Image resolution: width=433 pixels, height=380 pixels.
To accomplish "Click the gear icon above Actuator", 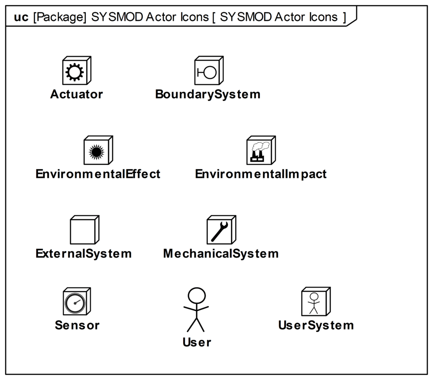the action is pos(74,72).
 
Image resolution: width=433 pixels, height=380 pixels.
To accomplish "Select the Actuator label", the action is pos(77,94).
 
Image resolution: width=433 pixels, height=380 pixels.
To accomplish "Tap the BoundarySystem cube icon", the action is pos(209,71).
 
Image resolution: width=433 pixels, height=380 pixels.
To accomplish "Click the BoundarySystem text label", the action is pos(208,94).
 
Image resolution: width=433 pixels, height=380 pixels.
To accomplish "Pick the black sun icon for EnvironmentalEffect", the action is pos(96,152).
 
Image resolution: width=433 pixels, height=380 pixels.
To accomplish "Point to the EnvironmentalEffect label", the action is pos(98,174).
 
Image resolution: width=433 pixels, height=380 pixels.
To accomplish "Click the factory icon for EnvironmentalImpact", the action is pos(260,152).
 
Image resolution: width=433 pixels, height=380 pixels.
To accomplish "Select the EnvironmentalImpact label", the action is pos(260,174).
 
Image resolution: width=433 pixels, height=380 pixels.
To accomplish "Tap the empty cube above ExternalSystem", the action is pos(85,230).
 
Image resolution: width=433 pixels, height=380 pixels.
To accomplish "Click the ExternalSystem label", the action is pos(83,254).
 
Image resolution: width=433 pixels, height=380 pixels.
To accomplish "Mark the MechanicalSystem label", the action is pos(221,254).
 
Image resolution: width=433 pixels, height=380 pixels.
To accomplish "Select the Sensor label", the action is pos(77,325).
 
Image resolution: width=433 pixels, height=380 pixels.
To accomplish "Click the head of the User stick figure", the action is pos(197,296).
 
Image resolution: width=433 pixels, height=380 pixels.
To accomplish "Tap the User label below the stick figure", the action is pos(197,342).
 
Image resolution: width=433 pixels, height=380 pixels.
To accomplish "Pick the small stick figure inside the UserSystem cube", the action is pos(314,303).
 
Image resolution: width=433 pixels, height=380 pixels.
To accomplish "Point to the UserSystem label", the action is pos(316,326).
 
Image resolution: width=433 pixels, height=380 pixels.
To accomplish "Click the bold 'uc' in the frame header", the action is pos(21,17).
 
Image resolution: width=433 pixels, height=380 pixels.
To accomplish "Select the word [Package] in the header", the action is pos(60,17).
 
